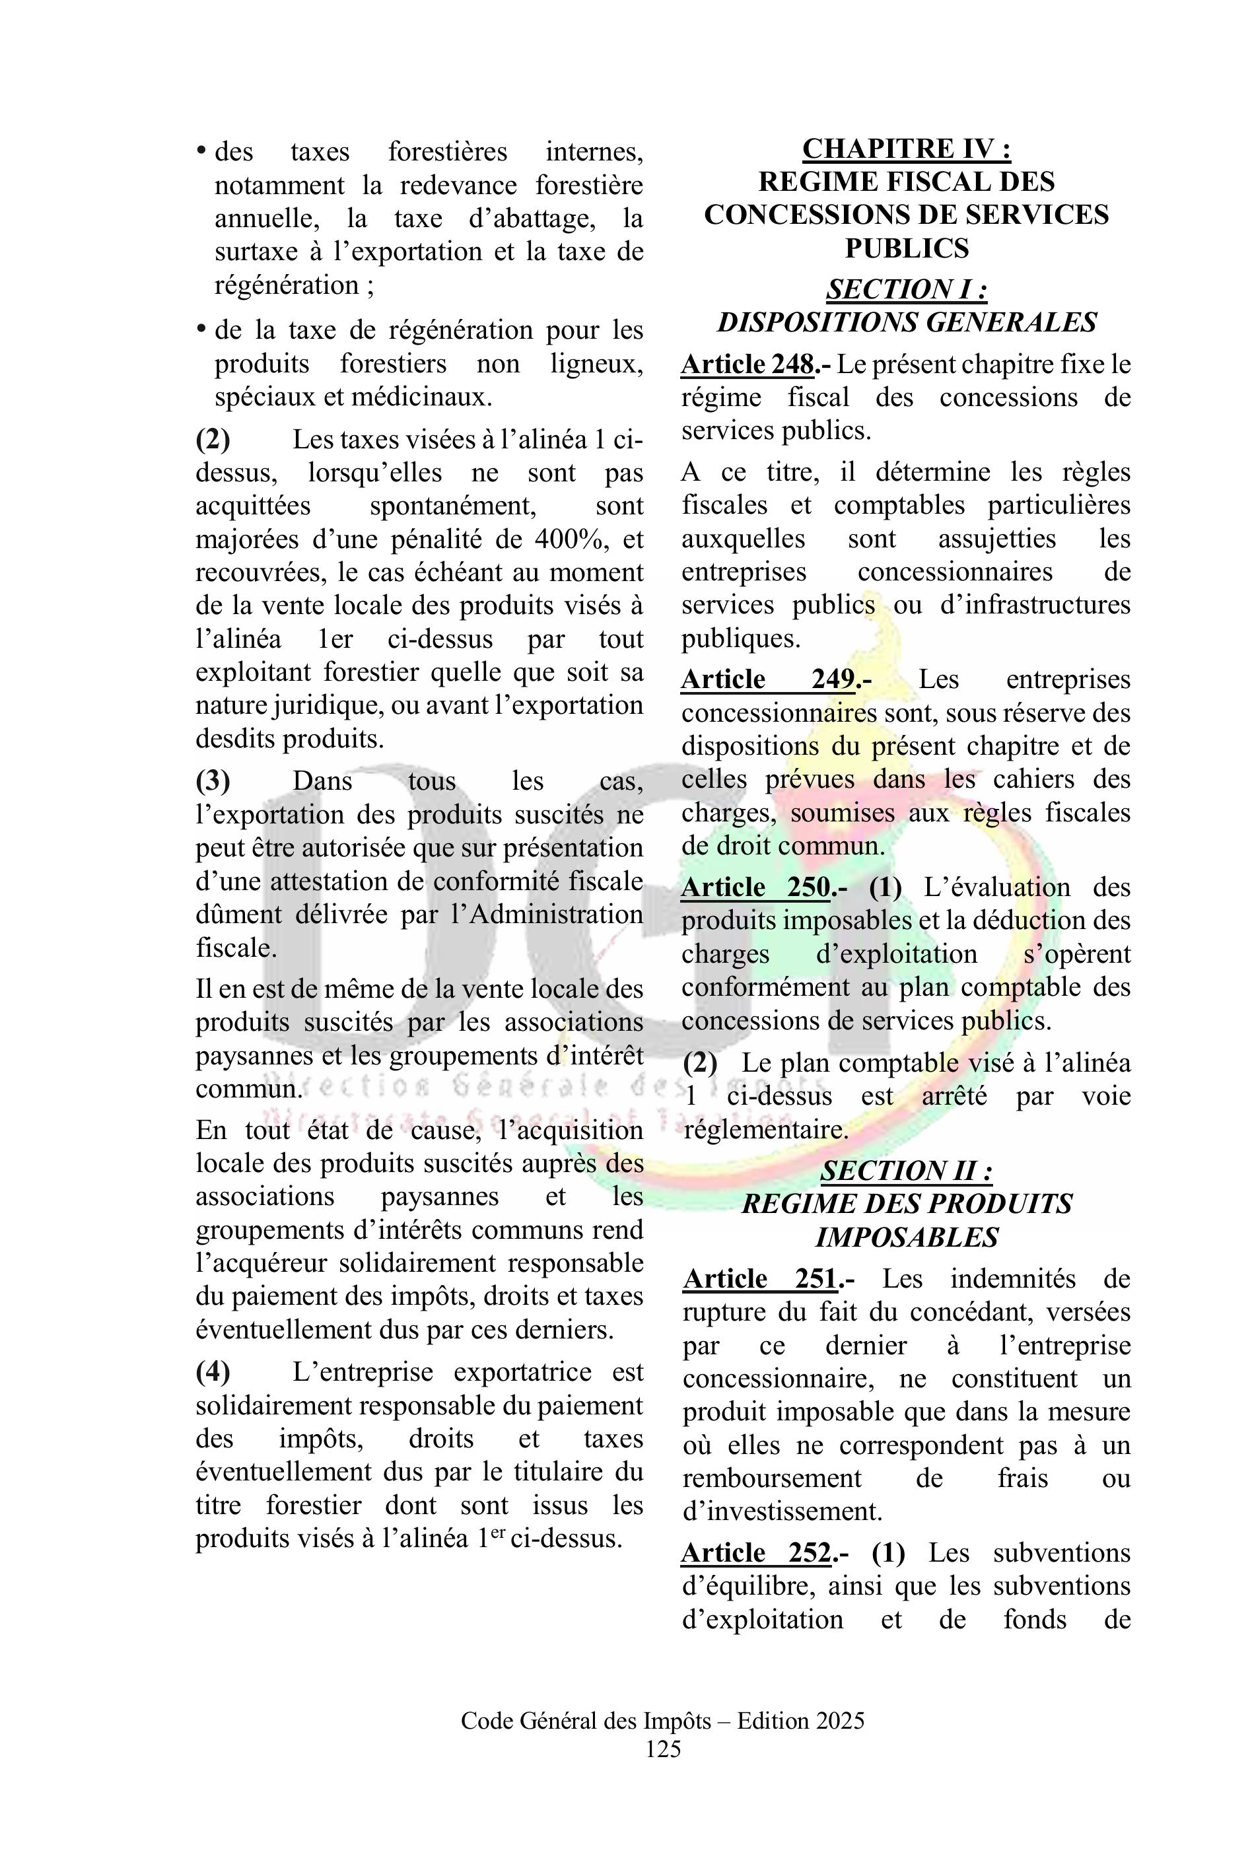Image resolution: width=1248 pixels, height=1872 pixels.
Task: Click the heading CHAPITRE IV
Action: [906, 149]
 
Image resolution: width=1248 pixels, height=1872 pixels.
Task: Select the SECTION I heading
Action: [906, 289]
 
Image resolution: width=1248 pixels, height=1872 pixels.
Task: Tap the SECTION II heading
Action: [906, 1171]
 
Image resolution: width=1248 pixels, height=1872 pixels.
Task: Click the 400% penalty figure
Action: [571, 539]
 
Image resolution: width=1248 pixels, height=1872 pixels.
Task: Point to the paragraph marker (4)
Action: [213, 1372]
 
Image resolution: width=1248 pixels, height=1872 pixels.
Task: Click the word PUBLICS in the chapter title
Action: [906, 249]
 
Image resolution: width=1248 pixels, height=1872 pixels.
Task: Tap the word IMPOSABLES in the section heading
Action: [906, 1237]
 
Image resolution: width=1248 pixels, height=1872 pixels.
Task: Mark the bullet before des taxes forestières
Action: [202, 151]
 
